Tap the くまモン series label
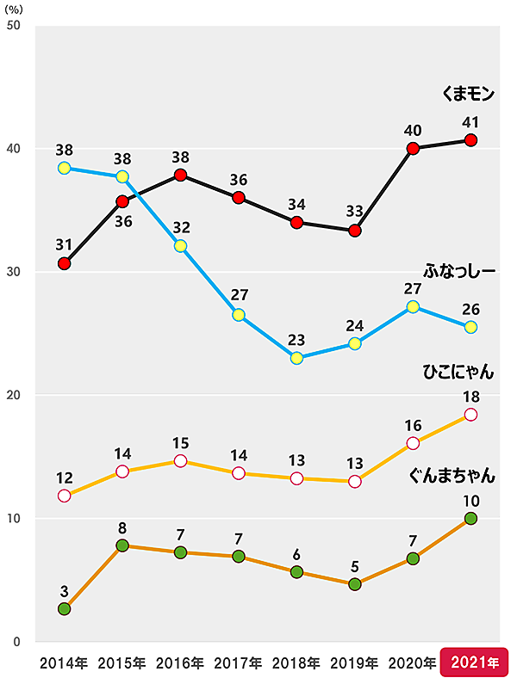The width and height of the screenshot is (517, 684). coord(467,95)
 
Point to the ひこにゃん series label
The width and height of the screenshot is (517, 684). coord(458,372)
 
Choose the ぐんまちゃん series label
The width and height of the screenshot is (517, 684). coord(453,474)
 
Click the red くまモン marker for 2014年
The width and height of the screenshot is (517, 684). coord(64,263)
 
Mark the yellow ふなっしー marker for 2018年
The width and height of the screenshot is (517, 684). coord(296,358)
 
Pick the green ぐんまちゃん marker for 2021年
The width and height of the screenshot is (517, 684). coord(470,518)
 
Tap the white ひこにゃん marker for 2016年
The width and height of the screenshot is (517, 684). coord(180,461)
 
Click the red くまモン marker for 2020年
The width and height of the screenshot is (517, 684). coord(413,148)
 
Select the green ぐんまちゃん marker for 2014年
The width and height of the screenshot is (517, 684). coord(64,608)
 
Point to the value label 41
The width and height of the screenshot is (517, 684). coord(470,120)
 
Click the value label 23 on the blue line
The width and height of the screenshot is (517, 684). coord(296,339)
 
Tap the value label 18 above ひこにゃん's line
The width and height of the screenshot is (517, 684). coord(470,396)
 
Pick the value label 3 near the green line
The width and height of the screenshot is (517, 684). coord(64,590)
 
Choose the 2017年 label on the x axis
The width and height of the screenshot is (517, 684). coord(238,663)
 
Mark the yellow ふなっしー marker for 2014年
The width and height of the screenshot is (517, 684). coord(64,168)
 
